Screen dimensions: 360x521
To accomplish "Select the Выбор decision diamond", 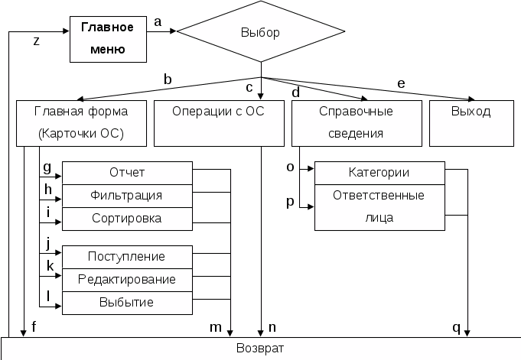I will tap(260, 33).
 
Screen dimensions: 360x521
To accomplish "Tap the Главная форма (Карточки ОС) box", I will tap(80, 123).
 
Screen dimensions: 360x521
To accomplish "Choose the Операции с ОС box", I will tap(219, 123).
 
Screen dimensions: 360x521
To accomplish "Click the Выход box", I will tap(470, 123).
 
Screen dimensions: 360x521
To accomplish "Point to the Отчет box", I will tap(127, 172).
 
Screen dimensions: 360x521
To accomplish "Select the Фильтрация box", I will tap(127, 195).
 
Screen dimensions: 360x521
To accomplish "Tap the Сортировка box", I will tap(127, 218).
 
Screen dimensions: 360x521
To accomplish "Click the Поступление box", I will tap(127, 256).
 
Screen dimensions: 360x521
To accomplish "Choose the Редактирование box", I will tap(127, 279).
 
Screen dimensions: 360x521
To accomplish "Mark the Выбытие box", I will tap(127, 302).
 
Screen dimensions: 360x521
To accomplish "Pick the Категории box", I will tap(379, 173).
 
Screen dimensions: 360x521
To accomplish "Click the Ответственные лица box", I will tap(379, 206).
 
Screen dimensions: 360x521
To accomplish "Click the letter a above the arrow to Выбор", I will tap(158, 22).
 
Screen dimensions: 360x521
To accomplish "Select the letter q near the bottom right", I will tap(457, 328).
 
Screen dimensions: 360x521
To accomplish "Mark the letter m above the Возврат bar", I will tap(216, 327).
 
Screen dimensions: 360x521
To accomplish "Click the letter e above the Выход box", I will tap(399, 83).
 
